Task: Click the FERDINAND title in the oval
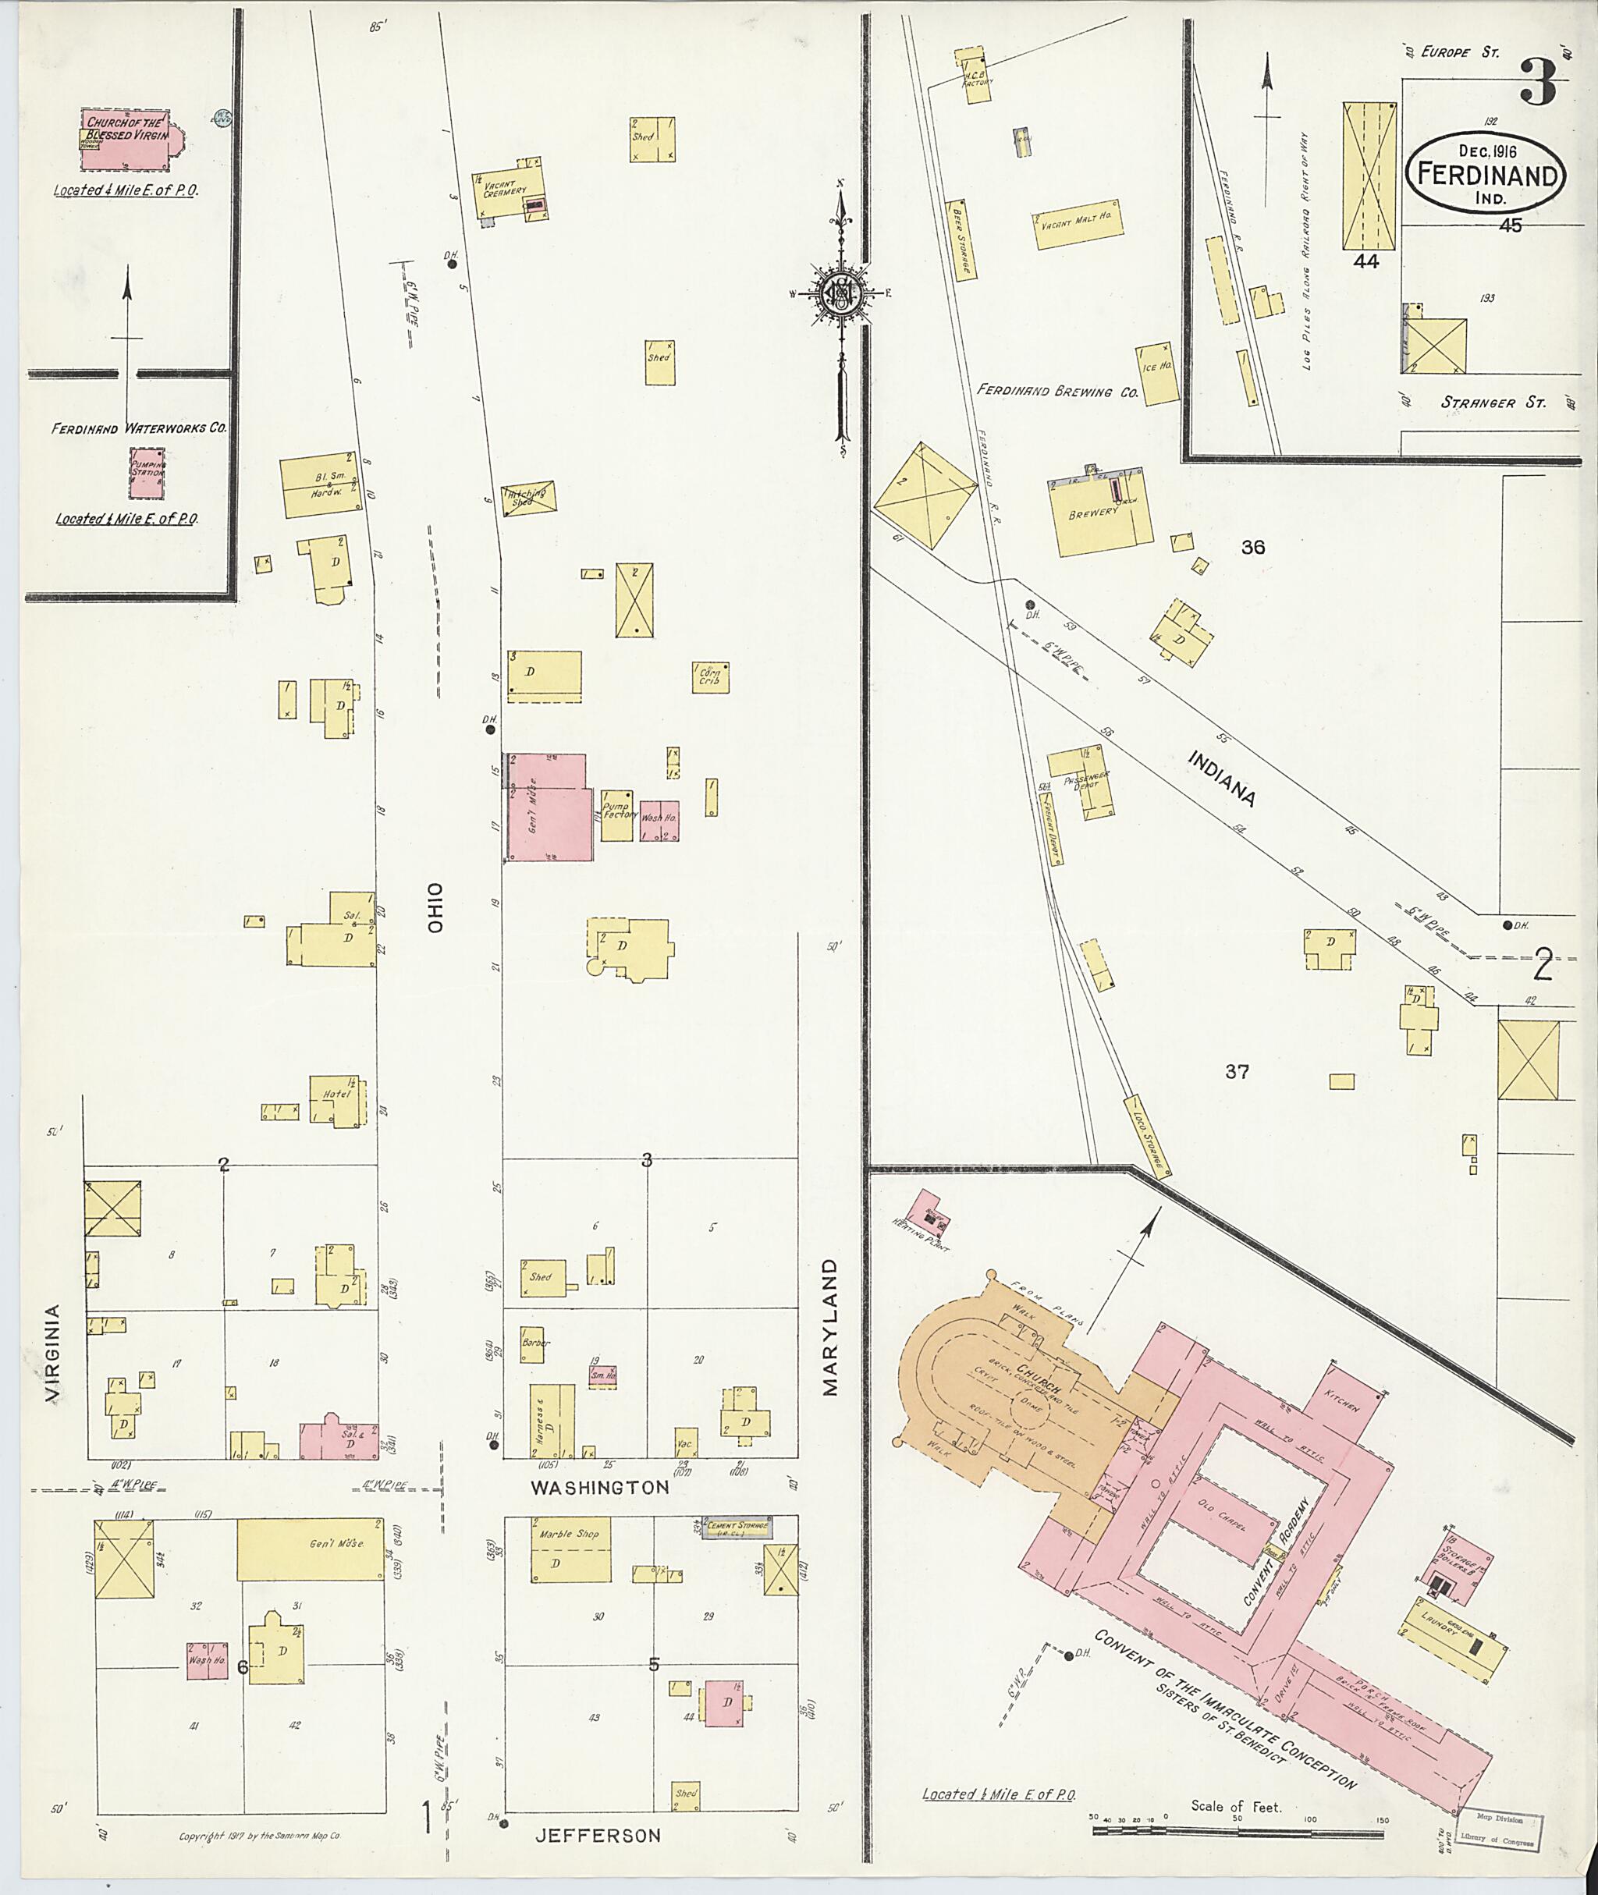[1485, 175]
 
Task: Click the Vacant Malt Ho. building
[1078, 225]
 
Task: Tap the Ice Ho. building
[1157, 372]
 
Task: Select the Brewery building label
[1094, 513]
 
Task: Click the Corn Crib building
[710, 676]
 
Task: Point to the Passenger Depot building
[1080, 781]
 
